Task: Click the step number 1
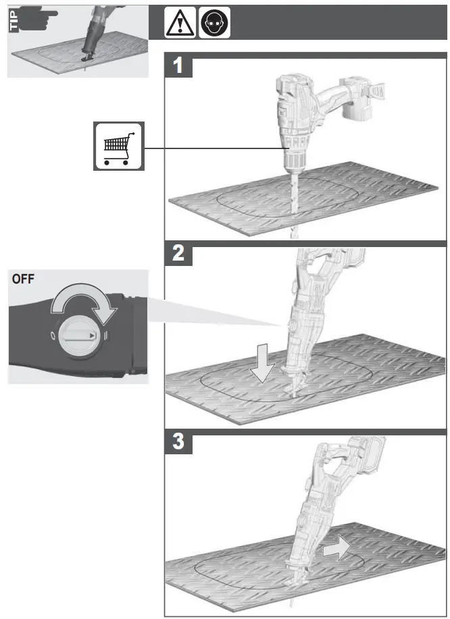click(178, 67)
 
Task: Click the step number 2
click(178, 254)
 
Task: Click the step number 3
click(178, 443)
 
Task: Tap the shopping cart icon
click(118, 145)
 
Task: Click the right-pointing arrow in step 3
click(336, 546)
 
